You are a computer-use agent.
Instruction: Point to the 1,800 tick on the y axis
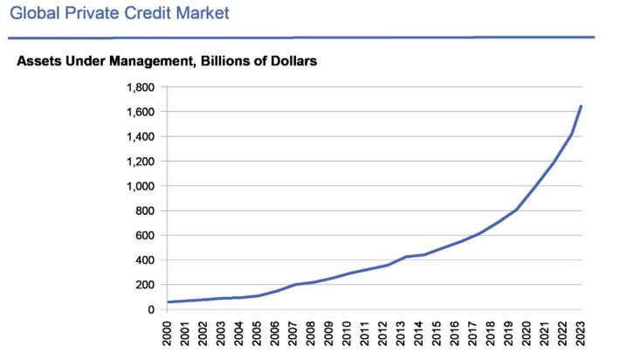140,87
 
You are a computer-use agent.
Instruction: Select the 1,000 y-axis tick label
140,186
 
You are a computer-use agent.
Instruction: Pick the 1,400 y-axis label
140,137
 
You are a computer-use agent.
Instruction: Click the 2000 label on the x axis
168,336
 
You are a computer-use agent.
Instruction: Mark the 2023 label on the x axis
581,336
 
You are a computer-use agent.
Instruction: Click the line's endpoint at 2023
581,107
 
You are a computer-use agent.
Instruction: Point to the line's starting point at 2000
168,302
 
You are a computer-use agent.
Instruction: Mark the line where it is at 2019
516,210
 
